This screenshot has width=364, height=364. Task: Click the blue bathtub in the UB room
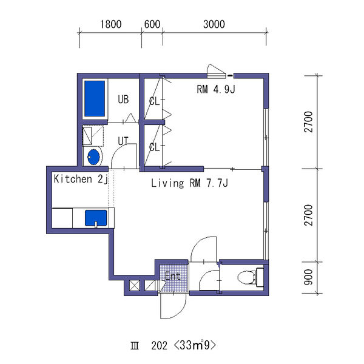coord(95,98)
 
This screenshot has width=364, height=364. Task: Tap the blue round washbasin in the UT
coord(93,157)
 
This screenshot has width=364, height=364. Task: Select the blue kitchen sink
coord(96,218)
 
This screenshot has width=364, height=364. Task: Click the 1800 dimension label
coord(111,24)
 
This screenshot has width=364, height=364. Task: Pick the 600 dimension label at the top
coord(152,24)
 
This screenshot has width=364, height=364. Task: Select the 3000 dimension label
coord(214,24)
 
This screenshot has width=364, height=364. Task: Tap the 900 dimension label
coord(309,277)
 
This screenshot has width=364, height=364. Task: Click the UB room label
coord(123,99)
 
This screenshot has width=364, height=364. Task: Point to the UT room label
coord(123,141)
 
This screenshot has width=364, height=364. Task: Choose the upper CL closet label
coord(154,101)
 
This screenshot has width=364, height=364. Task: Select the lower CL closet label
coord(154,147)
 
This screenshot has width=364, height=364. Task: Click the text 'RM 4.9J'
coord(216,89)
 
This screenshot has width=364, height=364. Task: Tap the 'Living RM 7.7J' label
coord(189,183)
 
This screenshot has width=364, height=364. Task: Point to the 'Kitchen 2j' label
coord(81,179)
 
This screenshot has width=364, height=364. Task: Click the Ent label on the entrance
coord(173,276)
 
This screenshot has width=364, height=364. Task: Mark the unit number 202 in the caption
coord(159,346)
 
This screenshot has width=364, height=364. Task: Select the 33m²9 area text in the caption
coord(195,345)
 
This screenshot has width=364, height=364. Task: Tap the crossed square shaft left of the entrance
coord(135,285)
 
